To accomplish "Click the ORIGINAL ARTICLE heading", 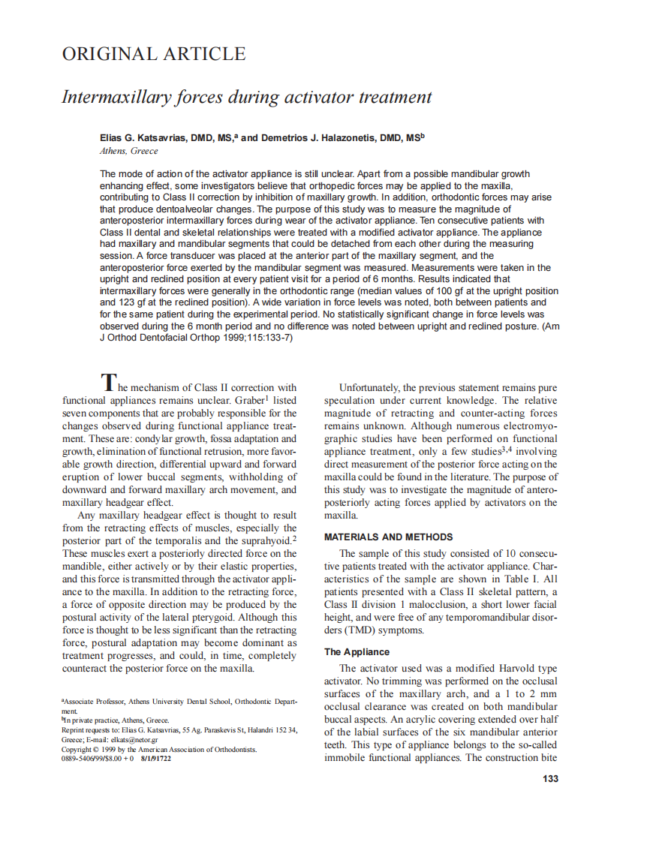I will coord(153,54).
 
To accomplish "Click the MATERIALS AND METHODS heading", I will coord(388,537).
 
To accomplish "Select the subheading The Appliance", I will coord(357,652).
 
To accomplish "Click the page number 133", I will coord(550,779).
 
